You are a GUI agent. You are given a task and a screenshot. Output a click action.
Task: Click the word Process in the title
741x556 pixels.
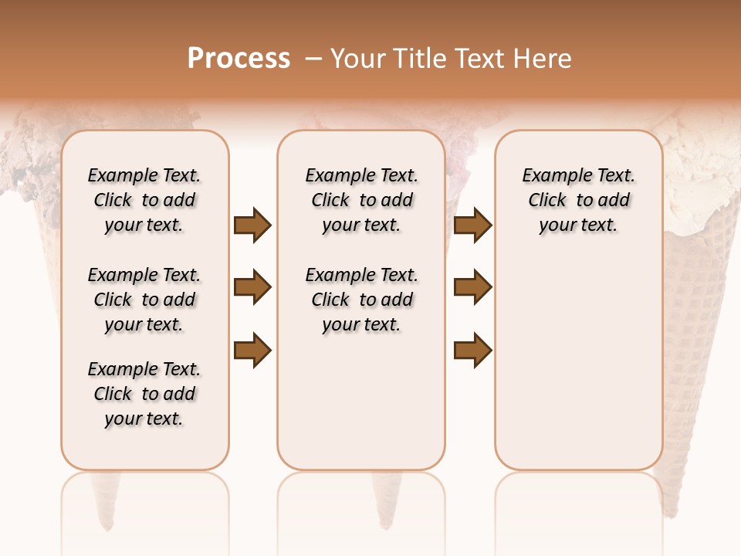coord(239,59)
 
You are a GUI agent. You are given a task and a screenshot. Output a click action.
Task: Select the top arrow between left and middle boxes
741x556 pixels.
coord(252,225)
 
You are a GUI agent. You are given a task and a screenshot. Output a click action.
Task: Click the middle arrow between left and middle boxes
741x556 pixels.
coord(252,288)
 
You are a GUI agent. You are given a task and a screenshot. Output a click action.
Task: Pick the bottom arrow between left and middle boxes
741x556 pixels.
coord(252,351)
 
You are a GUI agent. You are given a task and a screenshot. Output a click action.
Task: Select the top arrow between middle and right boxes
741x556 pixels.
coord(472,225)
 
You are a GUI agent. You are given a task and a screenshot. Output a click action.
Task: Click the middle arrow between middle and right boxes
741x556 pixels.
coord(472,288)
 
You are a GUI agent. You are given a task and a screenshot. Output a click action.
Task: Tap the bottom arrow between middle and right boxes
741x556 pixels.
coord(472,351)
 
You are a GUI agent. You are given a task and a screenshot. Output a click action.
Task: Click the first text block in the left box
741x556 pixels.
coord(144,200)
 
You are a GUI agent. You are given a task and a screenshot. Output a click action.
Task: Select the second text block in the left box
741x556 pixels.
coord(144,300)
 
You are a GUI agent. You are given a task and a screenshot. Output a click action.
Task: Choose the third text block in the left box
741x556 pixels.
coord(144,394)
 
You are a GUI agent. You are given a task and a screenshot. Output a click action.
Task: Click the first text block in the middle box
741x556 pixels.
coord(361,200)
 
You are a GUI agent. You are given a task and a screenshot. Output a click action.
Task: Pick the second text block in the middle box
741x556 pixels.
coord(361,300)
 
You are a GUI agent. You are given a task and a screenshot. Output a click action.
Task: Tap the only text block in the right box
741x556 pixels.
coord(578,200)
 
